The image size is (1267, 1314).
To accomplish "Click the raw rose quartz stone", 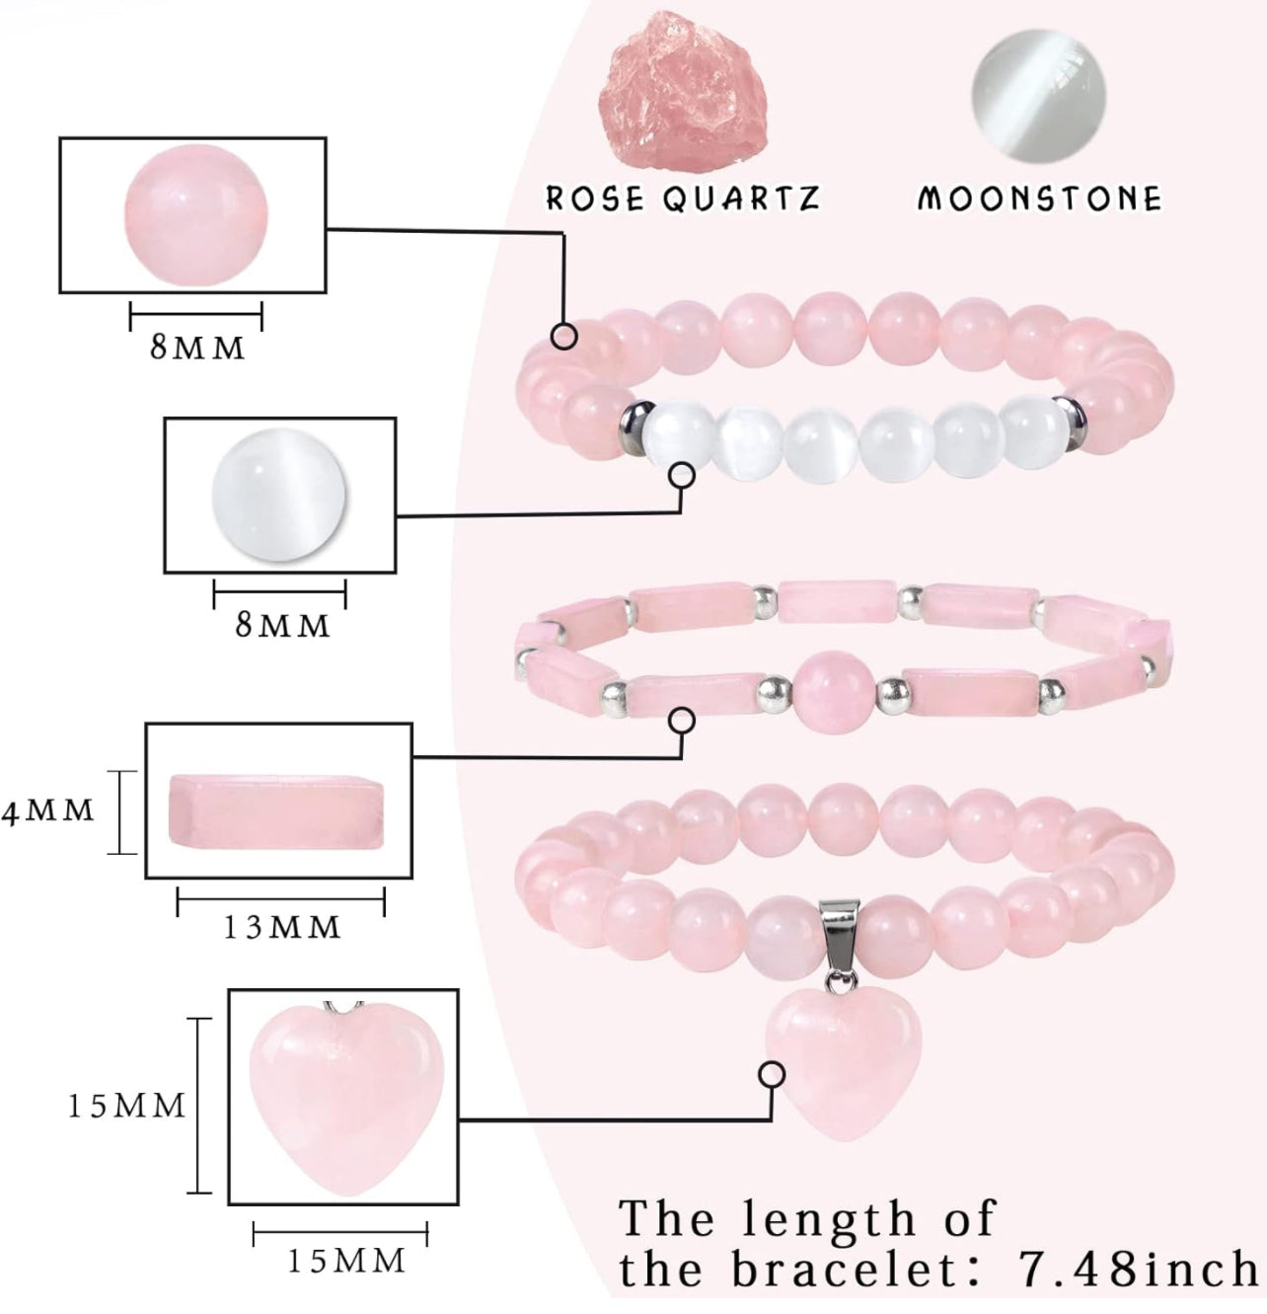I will [x=684, y=96].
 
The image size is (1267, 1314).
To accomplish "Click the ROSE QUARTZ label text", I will [x=683, y=198].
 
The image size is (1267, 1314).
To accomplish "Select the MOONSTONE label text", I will [x=1039, y=198].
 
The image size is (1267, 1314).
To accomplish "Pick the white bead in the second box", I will [x=279, y=496].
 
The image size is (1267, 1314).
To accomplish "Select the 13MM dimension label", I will [x=281, y=928].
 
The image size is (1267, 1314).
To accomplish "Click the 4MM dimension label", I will [x=48, y=812].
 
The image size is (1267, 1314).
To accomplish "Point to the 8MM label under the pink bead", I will [x=197, y=348].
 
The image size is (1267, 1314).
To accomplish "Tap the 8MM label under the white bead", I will [x=282, y=626].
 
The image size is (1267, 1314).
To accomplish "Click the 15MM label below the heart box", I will [x=346, y=1261].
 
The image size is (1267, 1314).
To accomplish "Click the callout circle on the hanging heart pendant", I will [x=773, y=1074].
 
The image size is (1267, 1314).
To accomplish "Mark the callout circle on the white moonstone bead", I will [x=682, y=476].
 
